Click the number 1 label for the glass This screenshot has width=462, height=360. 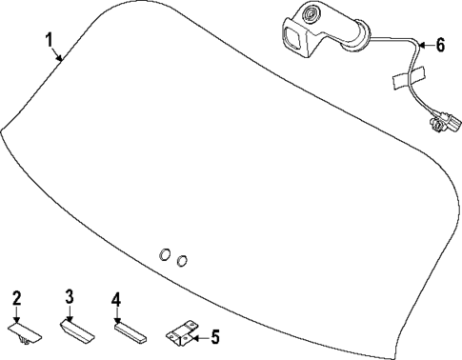pos(51,40)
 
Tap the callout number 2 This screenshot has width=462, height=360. pos(16,300)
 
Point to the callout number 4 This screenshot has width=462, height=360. pos(116,300)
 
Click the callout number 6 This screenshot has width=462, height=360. pos(440,44)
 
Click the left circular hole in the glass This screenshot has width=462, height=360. pos(164,254)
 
